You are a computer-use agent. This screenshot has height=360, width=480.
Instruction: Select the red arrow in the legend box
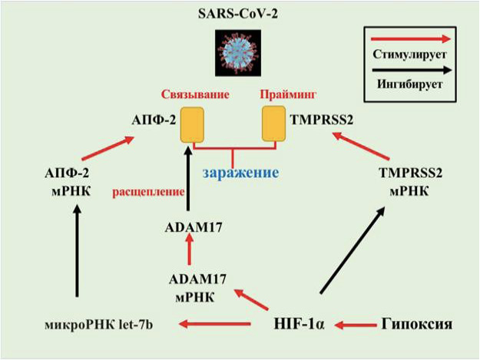coord(410,37)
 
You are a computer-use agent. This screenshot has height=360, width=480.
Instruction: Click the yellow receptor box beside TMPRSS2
coord(274,124)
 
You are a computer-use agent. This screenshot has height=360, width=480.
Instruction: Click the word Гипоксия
coord(413,324)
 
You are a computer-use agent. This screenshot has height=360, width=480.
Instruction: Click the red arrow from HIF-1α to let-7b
coord(218,325)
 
